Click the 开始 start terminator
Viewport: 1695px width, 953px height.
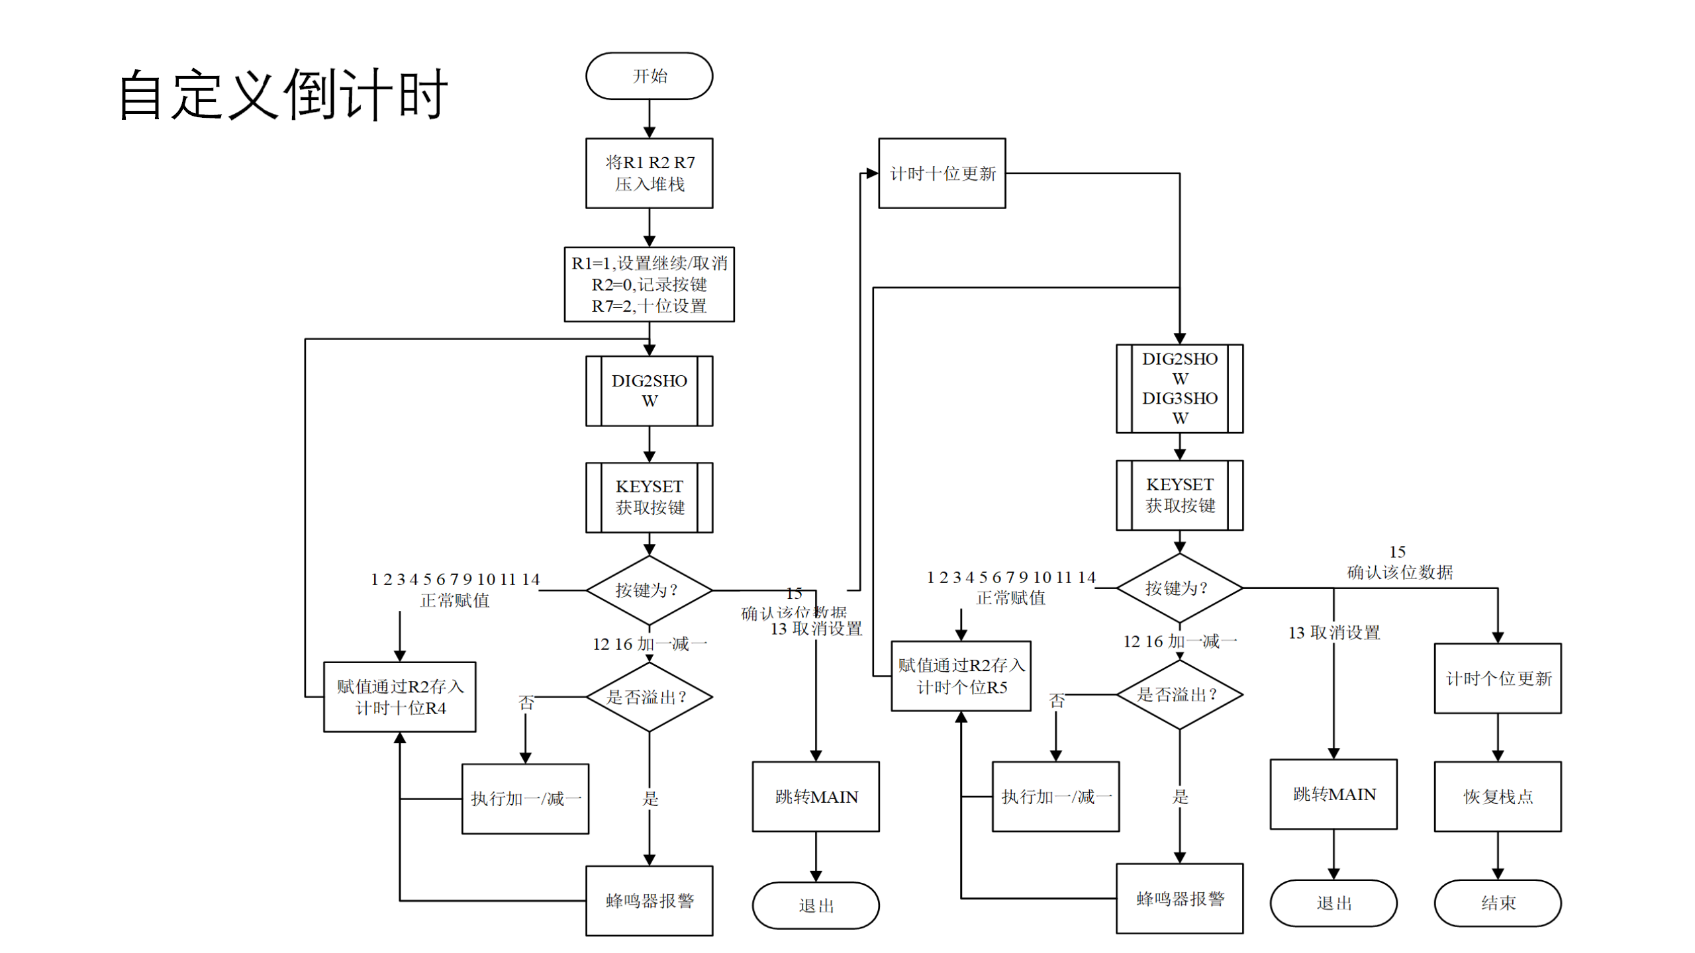649,76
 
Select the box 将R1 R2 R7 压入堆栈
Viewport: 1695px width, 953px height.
649,173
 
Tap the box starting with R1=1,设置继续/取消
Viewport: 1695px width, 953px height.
649,285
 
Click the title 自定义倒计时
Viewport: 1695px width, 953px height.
283,95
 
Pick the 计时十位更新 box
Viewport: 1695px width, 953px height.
942,173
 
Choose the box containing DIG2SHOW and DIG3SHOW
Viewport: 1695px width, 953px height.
1179,388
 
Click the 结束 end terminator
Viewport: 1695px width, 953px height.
1497,903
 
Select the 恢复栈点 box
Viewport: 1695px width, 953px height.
1497,796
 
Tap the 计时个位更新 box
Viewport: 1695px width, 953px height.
1497,678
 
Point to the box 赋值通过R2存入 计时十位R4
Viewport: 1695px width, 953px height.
400,697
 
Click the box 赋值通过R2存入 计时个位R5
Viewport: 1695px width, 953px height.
961,676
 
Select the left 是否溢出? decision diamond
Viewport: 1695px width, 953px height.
649,697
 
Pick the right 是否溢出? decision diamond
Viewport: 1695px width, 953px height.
1179,694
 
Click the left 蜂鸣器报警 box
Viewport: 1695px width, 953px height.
649,900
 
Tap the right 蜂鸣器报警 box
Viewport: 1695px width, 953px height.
1179,898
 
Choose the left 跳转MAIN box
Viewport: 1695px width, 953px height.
816,796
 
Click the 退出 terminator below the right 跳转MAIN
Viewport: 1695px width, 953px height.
1333,903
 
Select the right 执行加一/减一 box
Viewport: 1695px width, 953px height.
1055,796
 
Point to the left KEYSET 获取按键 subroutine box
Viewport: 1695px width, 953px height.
649,497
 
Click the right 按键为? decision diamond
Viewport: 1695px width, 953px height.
1179,588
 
